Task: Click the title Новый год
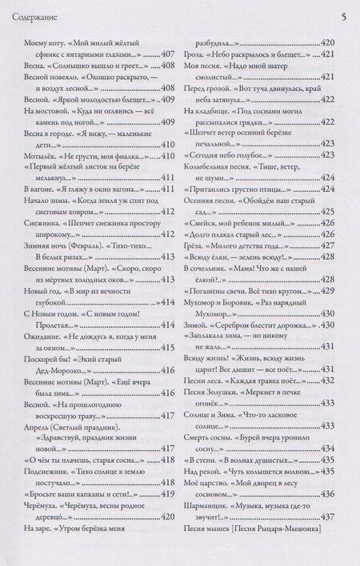36,289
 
